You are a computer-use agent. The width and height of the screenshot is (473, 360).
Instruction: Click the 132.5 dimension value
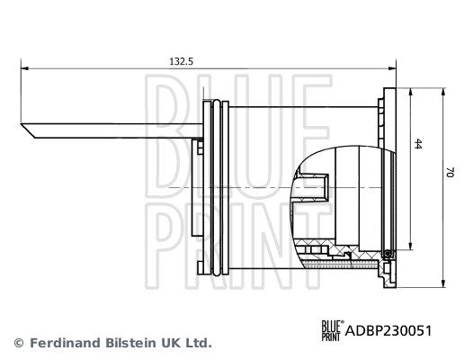(x=181, y=61)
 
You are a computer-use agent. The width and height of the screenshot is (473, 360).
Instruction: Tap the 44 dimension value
(x=417, y=144)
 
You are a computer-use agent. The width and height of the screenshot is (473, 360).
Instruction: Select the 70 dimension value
(x=450, y=172)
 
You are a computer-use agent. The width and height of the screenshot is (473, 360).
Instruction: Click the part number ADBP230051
(x=388, y=330)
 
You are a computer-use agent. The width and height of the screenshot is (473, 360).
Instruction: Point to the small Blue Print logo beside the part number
(x=333, y=330)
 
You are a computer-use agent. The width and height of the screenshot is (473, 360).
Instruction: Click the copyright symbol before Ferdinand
(x=19, y=343)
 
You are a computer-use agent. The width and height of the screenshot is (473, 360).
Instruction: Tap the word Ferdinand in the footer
(x=65, y=343)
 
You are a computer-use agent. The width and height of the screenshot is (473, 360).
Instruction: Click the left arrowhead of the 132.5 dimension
(x=24, y=68)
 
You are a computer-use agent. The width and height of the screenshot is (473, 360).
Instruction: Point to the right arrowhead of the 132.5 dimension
(x=392, y=68)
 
